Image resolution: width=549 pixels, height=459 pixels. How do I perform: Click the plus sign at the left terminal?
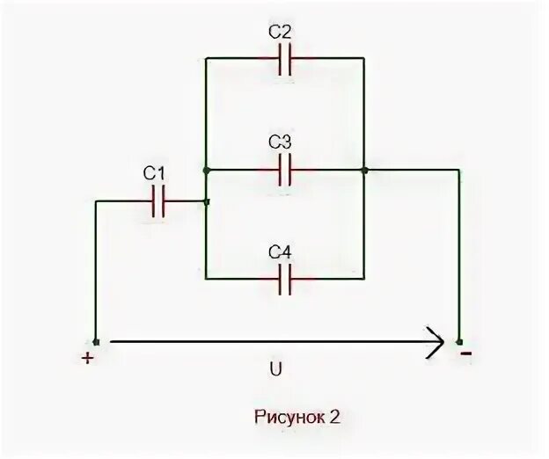pos(87,358)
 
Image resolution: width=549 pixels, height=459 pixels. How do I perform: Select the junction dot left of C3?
pos(205,169)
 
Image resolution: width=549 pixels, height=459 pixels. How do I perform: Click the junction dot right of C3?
pos(363,169)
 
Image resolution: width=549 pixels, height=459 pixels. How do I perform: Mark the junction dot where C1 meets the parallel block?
pos(206,201)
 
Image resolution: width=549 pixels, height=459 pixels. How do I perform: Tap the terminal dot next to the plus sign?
pos(96,342)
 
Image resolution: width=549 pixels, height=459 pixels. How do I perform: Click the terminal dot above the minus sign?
pos(457,342)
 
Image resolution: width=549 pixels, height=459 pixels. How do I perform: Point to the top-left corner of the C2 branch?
pos(205,60)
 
